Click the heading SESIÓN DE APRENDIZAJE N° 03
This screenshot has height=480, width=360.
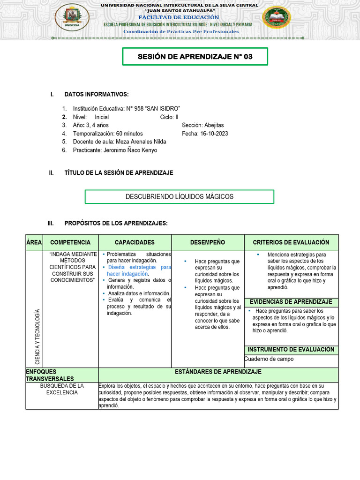195,57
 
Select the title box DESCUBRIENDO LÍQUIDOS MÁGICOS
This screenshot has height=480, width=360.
179,196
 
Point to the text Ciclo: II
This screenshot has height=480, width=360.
169,117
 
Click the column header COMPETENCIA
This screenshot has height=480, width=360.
70,242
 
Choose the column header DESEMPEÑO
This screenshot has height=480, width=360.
207,242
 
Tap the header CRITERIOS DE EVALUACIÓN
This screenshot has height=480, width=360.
291,242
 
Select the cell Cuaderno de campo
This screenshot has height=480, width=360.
269,359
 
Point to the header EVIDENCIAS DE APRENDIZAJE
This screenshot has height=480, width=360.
291,301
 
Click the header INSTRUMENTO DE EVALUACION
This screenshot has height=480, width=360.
291,350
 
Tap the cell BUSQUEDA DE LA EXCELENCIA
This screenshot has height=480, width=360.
62,389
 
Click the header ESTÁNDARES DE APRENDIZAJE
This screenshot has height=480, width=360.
218,372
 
